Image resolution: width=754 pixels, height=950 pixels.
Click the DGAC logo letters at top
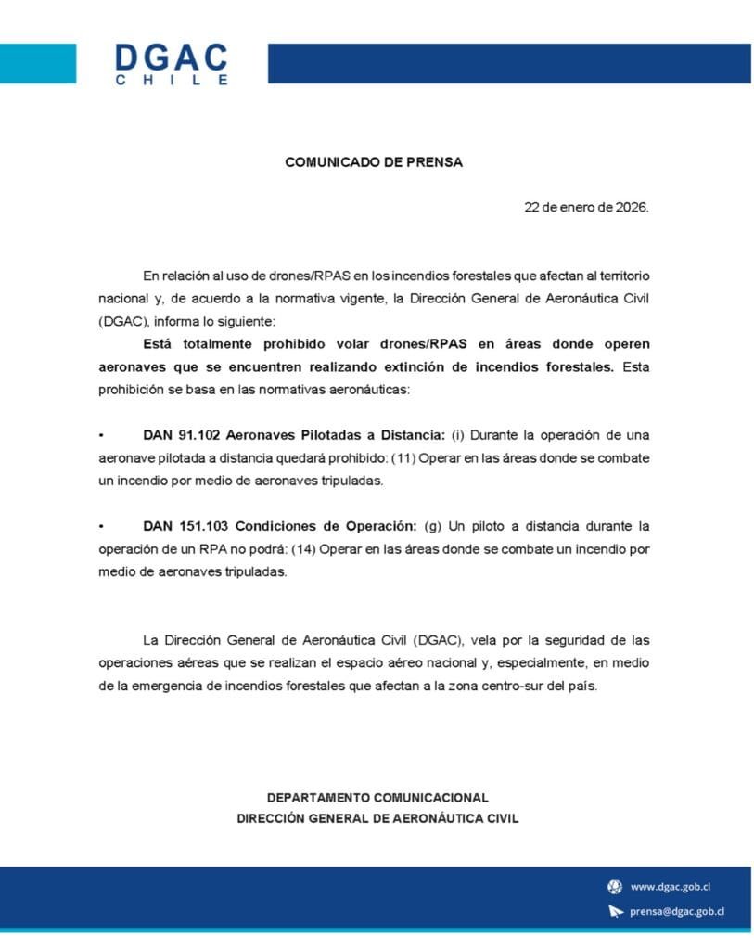(172, 58)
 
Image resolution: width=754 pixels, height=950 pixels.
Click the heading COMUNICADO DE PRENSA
(374, 161)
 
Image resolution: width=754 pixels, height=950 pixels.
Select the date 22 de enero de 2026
(587, 207)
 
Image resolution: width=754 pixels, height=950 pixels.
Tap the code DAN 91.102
(182, 434)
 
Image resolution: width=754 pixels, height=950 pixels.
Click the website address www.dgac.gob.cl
(677, 886)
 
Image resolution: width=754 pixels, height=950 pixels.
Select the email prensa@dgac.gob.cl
(677, 911)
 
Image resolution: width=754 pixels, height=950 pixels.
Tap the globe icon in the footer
(614, 886)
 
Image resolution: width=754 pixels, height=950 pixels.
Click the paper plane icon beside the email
(614, 911)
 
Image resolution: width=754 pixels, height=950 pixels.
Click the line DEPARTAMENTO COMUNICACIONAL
(377, 797)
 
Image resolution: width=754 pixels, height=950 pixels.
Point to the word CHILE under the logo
(172, 81)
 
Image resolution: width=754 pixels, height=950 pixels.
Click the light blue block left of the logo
(38, 63)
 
